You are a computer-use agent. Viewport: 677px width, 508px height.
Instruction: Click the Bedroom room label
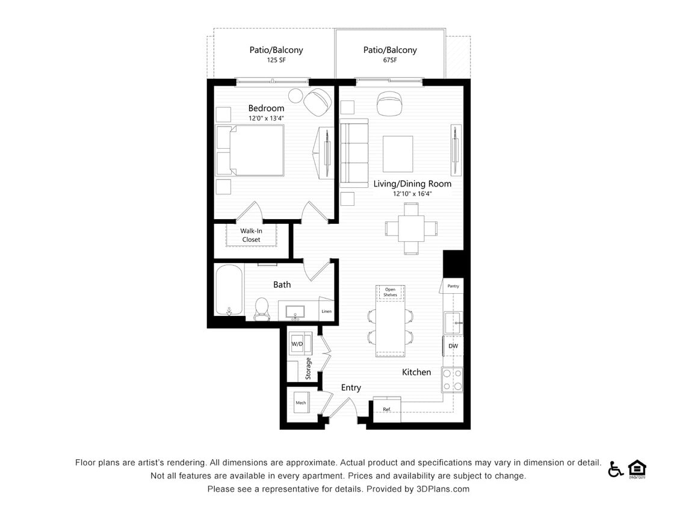pos(266,108)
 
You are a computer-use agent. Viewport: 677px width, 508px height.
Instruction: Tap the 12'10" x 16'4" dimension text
pos(412,194)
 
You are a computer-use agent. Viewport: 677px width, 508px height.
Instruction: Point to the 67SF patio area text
pos(389,60)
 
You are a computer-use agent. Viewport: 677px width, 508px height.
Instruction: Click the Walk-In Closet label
pos(251,235)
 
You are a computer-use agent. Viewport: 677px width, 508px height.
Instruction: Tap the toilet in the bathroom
pos(262,308)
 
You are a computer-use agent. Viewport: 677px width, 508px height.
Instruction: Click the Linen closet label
pos(326,311)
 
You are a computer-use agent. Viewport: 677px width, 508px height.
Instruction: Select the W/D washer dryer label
pos(297,344)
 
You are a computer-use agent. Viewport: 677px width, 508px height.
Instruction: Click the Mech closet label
pos(300,403)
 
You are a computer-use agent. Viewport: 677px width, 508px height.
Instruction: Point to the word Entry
pos(351,388)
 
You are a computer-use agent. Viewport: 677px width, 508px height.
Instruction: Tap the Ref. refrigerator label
pos(387,409)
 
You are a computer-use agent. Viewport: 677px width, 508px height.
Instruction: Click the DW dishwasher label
pos(453,346)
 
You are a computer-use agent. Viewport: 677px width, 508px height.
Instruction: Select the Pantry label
pos(453,286)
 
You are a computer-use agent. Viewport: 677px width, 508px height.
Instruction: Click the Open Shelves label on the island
pos(391,292)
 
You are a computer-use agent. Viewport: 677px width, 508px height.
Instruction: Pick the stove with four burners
pos(453,379)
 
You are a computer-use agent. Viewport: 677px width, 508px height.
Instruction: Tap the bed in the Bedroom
pos(251,150)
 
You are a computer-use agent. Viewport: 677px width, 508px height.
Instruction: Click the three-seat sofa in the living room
pos(354,152)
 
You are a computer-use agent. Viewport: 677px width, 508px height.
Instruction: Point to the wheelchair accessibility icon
pos(615,469)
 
